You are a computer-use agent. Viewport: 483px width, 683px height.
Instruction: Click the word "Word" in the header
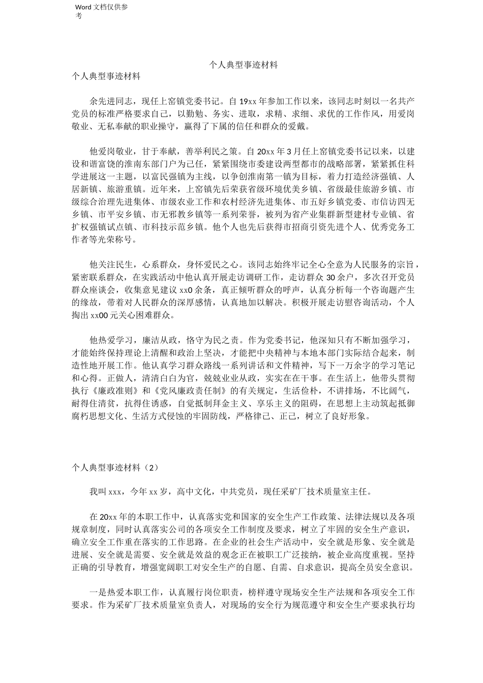pos(82,7)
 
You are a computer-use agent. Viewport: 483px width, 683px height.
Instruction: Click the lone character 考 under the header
pos(79,16)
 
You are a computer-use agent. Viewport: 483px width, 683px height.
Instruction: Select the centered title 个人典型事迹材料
pos(244,65)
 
